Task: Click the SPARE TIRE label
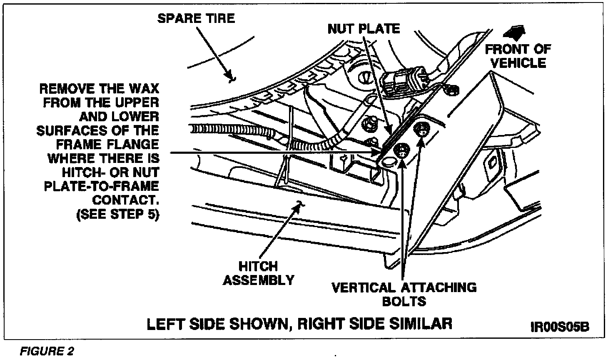point(196,18)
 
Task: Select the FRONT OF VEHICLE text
point(518,56)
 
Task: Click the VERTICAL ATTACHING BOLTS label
point(404,294)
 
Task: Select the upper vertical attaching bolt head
point(421,130)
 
